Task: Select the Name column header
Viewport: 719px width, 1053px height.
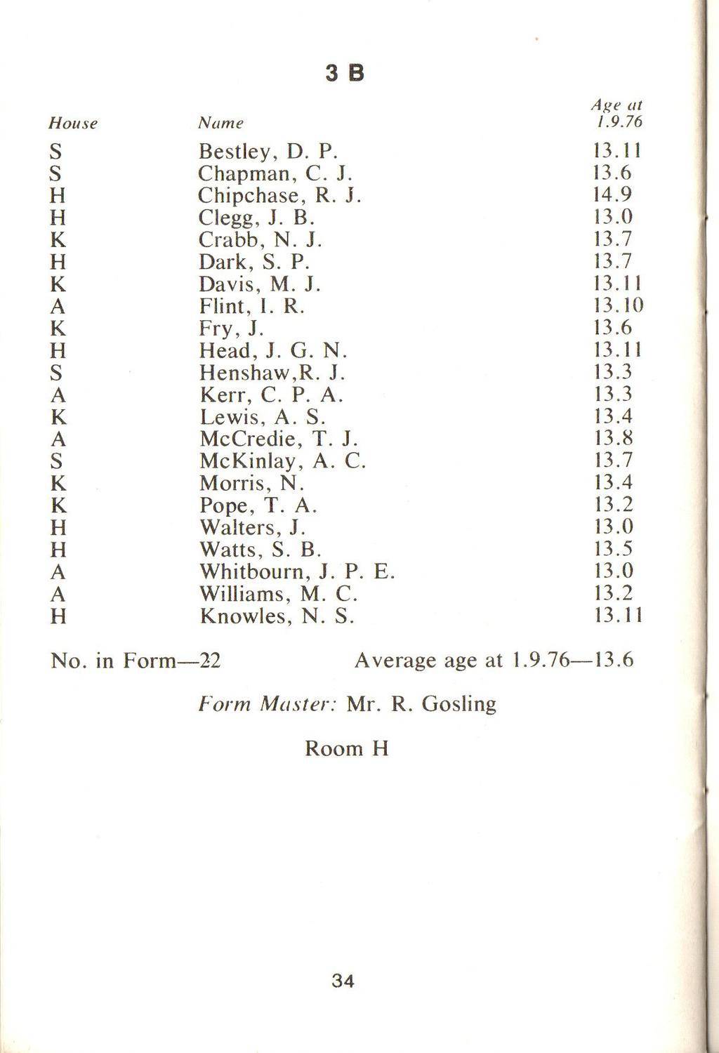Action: (x=220, y=123)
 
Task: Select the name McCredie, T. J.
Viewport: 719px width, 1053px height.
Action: (x=279, y=439)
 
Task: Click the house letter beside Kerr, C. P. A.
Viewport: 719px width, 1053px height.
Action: (x=58, y=395)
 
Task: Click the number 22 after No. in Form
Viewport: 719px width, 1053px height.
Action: (x=209, y=661)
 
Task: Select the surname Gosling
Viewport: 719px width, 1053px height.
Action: (x=460, y=704)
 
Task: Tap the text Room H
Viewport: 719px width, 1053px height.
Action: (x=346, y=748)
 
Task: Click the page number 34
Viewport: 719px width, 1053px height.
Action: (x=343, y=981)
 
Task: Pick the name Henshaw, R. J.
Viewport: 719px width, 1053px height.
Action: (x=272, y=372)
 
